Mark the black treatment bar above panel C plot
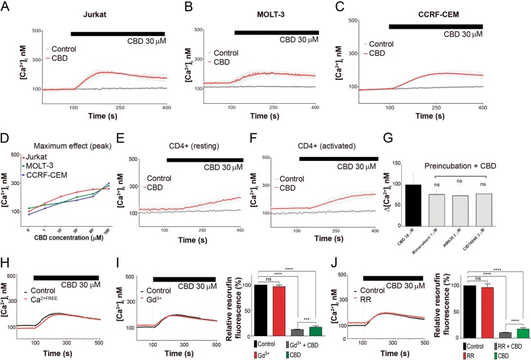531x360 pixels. coord(435,26)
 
